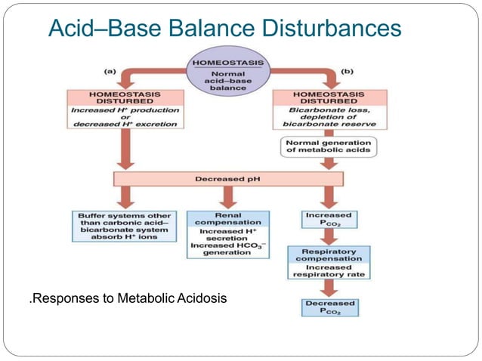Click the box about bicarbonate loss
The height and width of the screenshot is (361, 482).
(329, 110)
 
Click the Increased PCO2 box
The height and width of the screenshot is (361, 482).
(329, 220)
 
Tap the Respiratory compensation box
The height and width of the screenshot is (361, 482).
(329, 261)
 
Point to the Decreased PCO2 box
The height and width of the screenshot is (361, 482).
(329, 307)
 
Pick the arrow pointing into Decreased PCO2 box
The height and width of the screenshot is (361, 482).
(329, 288)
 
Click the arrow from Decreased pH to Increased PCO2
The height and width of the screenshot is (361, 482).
(329, 199)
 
